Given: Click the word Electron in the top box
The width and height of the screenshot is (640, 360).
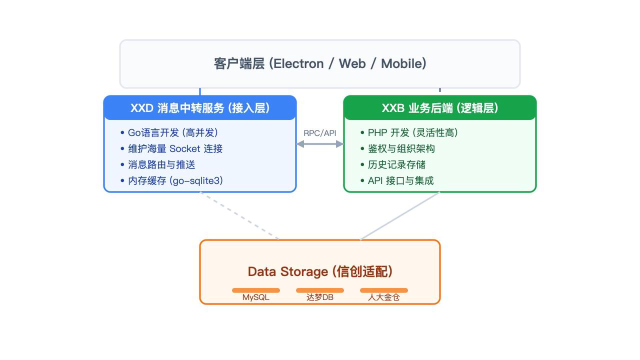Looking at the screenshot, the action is pos(298,63).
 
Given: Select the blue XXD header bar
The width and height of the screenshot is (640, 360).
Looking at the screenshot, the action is pos(200,107).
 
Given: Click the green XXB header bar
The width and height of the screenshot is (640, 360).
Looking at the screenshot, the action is pos(440,107).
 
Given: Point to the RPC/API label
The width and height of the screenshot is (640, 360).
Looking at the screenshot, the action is pos(319,133).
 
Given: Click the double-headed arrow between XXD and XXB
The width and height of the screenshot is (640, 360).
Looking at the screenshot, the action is pos(320,144).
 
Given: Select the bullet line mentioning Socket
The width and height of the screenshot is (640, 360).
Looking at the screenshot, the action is pos(171,148).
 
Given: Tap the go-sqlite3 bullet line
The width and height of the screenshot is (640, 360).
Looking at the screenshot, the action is pos(171,180).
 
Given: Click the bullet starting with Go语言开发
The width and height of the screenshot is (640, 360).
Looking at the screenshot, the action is pos(169,132).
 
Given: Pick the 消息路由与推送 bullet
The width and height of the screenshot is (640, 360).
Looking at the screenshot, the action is pos(158,164).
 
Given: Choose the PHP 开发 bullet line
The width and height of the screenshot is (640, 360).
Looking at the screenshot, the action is pos(409,132).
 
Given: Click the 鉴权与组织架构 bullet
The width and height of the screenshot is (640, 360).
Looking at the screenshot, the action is pos(397,148).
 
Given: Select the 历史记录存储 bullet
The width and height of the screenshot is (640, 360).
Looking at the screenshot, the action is pos(393,164).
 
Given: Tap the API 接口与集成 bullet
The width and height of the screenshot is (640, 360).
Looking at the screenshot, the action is pos(397,180).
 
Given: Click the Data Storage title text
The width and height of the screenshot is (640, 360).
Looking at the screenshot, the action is pos(320,271).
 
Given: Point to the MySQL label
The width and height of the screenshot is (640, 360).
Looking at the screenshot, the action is pos(255,297).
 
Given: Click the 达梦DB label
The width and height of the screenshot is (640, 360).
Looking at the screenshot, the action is pos(320,297).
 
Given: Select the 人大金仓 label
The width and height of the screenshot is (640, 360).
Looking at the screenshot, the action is pos(383,297).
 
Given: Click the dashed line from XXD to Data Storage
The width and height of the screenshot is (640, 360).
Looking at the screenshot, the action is pos(239,216).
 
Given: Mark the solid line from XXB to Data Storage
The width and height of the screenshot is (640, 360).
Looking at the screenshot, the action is pos(400,216).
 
